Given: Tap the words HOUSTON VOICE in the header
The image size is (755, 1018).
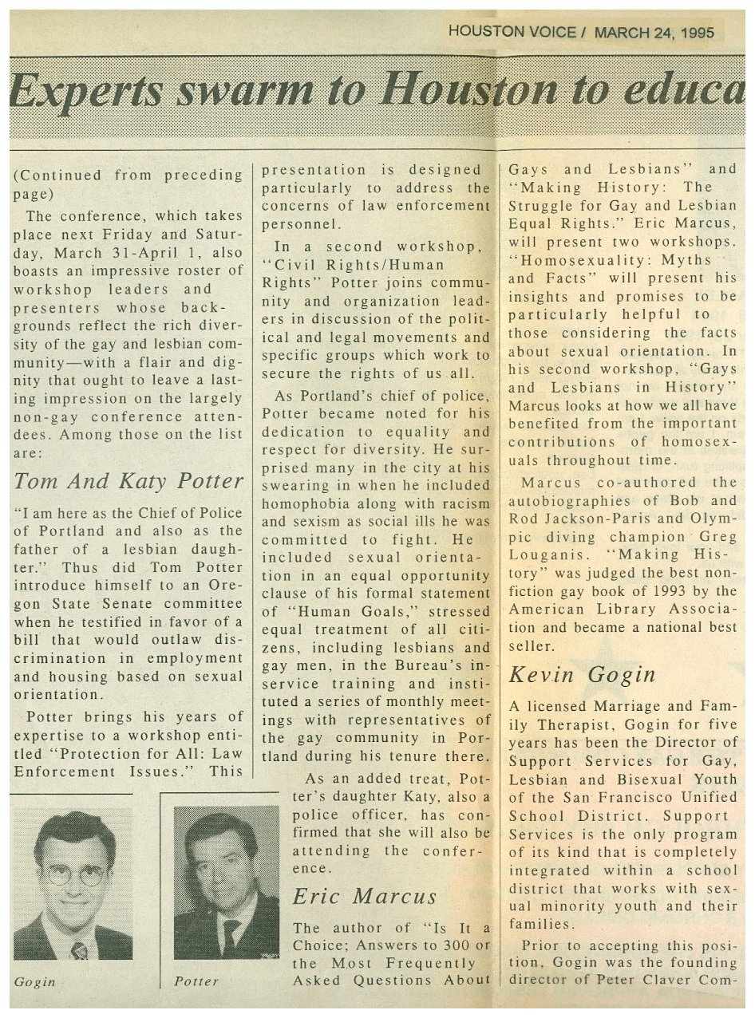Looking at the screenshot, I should coord(512,32).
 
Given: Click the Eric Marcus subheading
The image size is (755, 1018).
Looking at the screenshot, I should coord(365,896).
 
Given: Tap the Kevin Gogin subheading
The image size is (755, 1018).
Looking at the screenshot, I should coord(582,674).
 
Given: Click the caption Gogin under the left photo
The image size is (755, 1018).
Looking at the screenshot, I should coord(35,982).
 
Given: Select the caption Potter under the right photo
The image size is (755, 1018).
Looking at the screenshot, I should coord(196,982).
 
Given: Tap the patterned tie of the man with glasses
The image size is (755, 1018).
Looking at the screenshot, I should coord(79,950).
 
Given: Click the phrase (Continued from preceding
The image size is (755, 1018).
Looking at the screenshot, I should coord(128,176).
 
